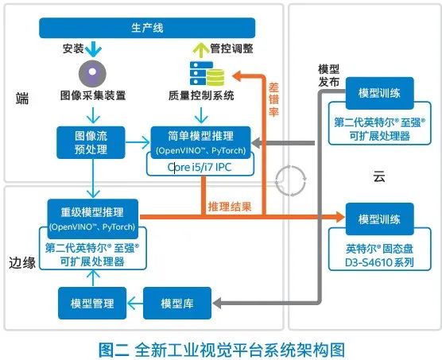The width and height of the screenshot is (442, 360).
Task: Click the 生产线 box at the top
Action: coord(147,28)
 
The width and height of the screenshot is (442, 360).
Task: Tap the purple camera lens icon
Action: coord(92,73)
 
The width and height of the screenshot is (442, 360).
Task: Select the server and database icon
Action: coord(207,73)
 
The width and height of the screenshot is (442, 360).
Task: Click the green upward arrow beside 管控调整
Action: coord(201,50)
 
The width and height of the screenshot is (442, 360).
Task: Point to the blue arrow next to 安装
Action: coord(93,49)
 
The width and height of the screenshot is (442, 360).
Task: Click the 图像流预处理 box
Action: coord(91,142)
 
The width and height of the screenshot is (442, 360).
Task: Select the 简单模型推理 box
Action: coord(200,142)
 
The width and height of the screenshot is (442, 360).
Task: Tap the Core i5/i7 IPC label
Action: coord(200,168)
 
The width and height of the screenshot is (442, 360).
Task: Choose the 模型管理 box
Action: coord(92,303)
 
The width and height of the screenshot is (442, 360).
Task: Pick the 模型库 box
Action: coord(177,303)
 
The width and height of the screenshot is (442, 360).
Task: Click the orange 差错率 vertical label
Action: coord(273,99)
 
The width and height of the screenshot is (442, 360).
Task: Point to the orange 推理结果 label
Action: coord(230,207)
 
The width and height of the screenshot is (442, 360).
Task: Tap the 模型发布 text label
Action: coord(328,75)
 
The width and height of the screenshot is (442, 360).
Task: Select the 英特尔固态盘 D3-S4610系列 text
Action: coord(379,255)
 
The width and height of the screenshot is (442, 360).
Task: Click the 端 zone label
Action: coord(22,99)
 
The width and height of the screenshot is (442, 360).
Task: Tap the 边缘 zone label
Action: coord(22,263)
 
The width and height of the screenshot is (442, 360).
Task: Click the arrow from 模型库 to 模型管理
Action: coord(135,304)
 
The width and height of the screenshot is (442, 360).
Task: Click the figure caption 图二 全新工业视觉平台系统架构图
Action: coord(222,350)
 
